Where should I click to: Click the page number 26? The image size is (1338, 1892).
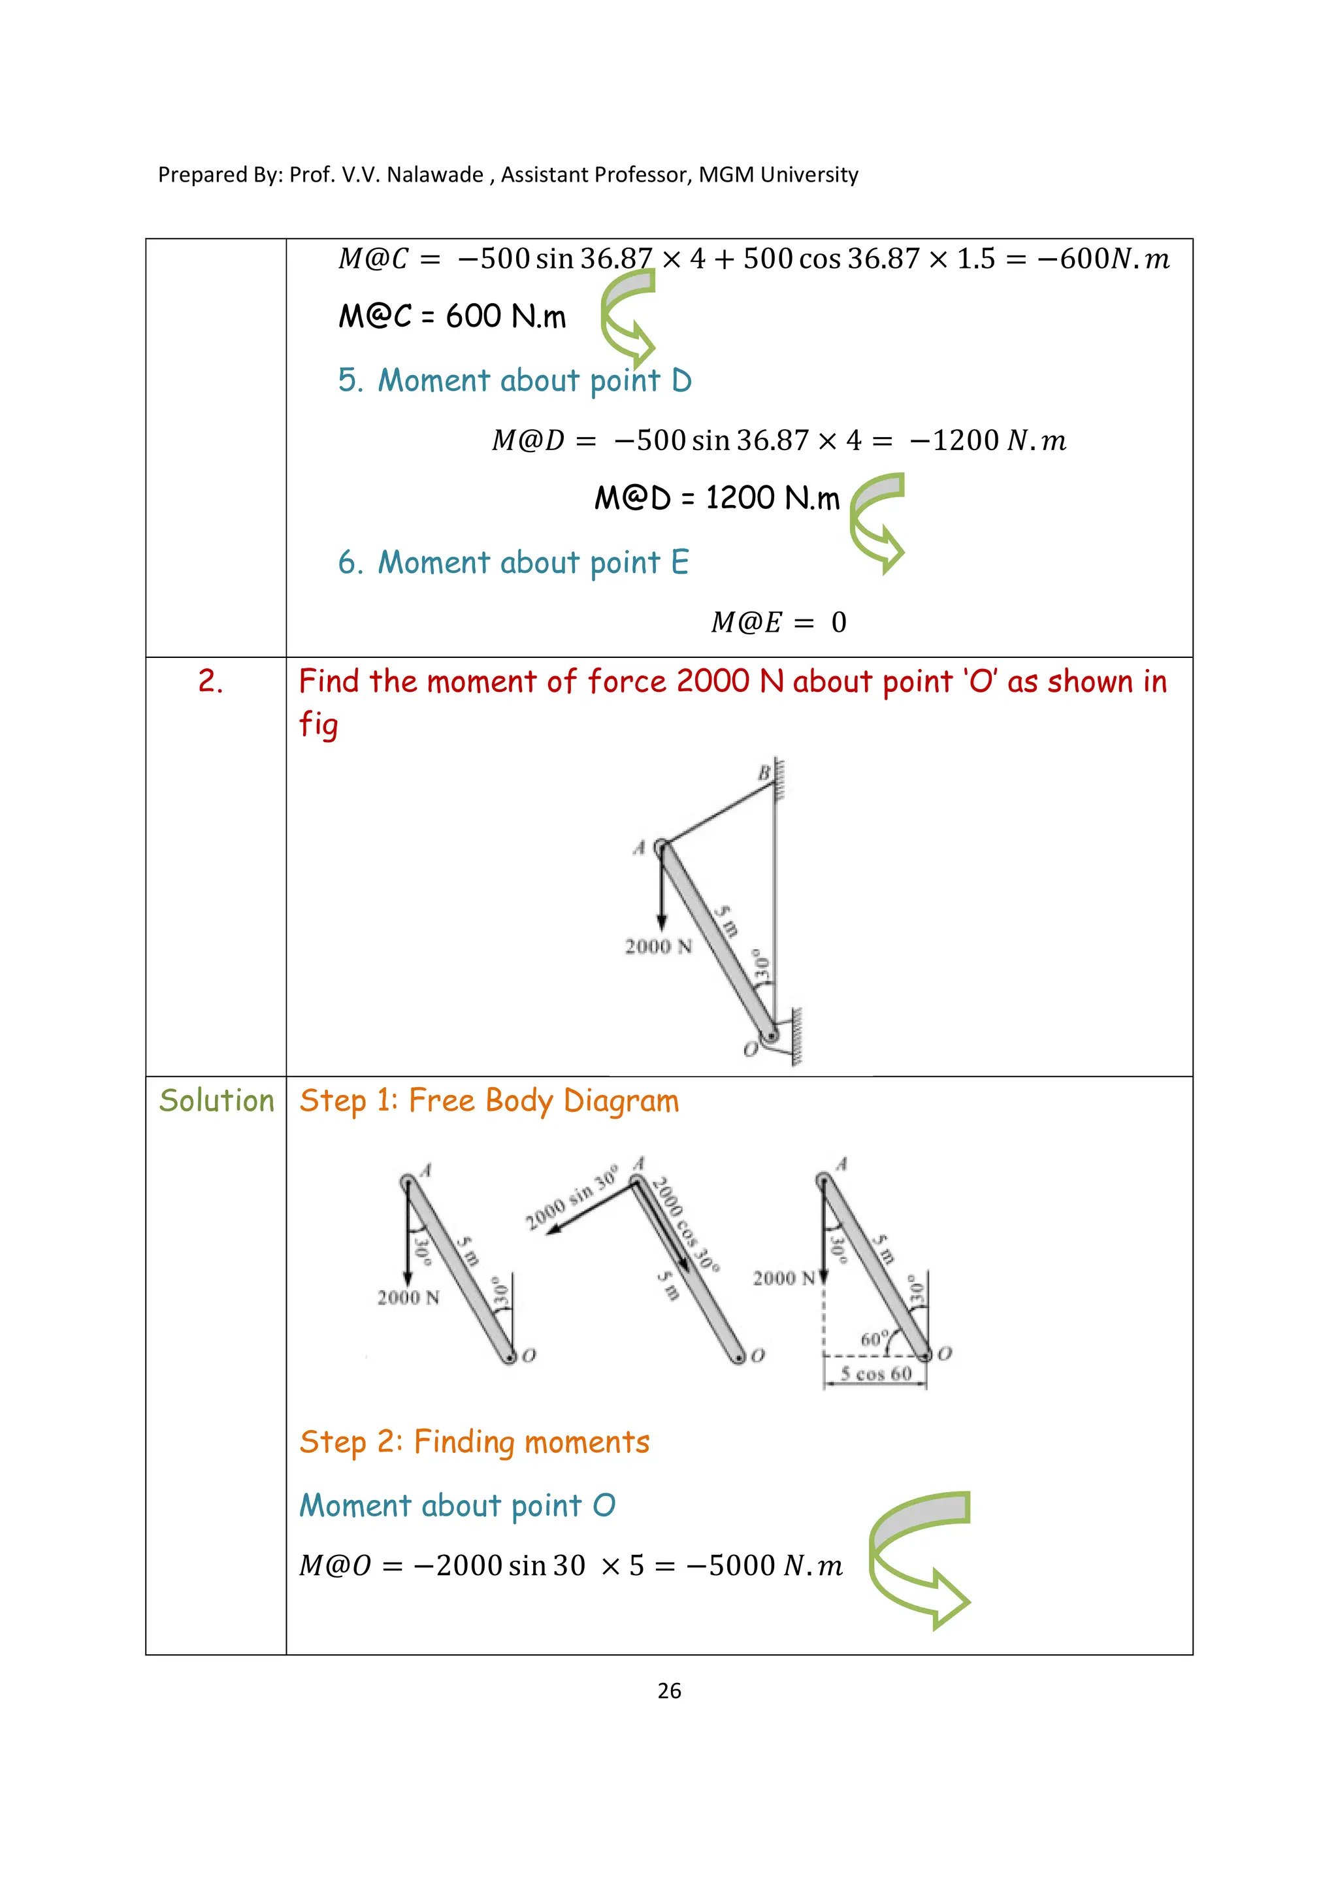pyautogui.click(x=669, y=1691)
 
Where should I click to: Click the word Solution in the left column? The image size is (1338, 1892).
pyautogui.click(x=216, y=1101)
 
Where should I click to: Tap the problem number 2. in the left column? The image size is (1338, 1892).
pyautogui.click(x=210, y=681)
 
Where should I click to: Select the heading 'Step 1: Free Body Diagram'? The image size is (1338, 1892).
pyautogui.click(x=489, y=1101)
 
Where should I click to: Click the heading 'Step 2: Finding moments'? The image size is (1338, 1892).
pyautogui.click(x=474, y=1442)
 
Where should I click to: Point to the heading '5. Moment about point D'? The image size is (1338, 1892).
pyautogui.click(x=514, y=381)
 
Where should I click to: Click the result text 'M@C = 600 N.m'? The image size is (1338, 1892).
pyautogui.click(x=451, y=316)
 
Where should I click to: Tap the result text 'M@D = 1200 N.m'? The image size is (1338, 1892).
pyautogui.click(x=716, y=498)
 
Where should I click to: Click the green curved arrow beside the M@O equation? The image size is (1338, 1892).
pyautogui.click(x=919, y=1558)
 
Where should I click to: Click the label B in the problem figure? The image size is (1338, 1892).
pyautogui.click(x=764, y=773)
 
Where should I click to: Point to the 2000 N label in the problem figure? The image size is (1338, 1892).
pyautogui.click(x=657, y=946)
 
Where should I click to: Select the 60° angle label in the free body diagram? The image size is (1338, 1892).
pyautogui.click(x=874, y=1339)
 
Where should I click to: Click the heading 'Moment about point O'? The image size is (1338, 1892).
pyautogui.click(x=457, y=1505)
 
